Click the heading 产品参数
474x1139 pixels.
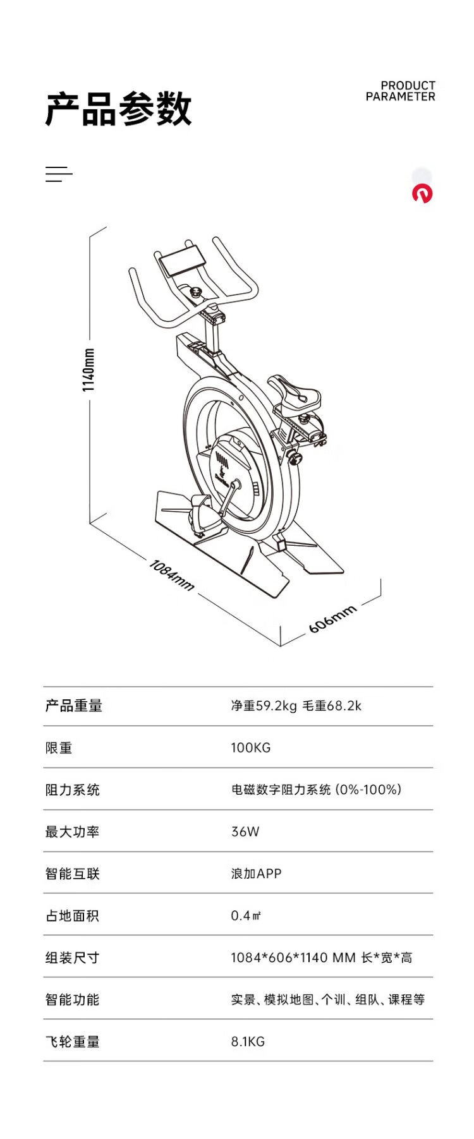pyautogui.click(x=118, y=109)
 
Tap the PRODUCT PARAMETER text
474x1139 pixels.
pyautogui.click(x=401, y=91)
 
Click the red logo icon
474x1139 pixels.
pyautogui.click(x=422, y=193)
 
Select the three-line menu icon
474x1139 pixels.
pyautogui.click(x=59, y=174)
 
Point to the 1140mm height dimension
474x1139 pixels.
pyautogui.click(x=88, y=370)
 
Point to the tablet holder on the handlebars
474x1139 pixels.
pyautogui.click(x=183, y=261)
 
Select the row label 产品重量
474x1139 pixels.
pyautogui.click(x=74, y=706)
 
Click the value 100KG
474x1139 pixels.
pyautogui.click(x=251, y=748)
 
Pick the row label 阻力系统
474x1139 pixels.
pyautogui.click(x=73, y=790)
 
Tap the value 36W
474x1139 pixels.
pyautogui.click(x=245, y=831)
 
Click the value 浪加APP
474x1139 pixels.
pyautogui.click(x=256, y=874)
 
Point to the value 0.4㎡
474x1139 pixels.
pyautogui.click(x=246, y=915)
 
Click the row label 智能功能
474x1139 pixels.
pyautogui.click(x=73, y=999)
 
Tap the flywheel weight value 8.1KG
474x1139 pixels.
pyautogui.click(x=248, y=1042)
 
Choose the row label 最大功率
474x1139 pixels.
pyautogui.click(x=73, y=831)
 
